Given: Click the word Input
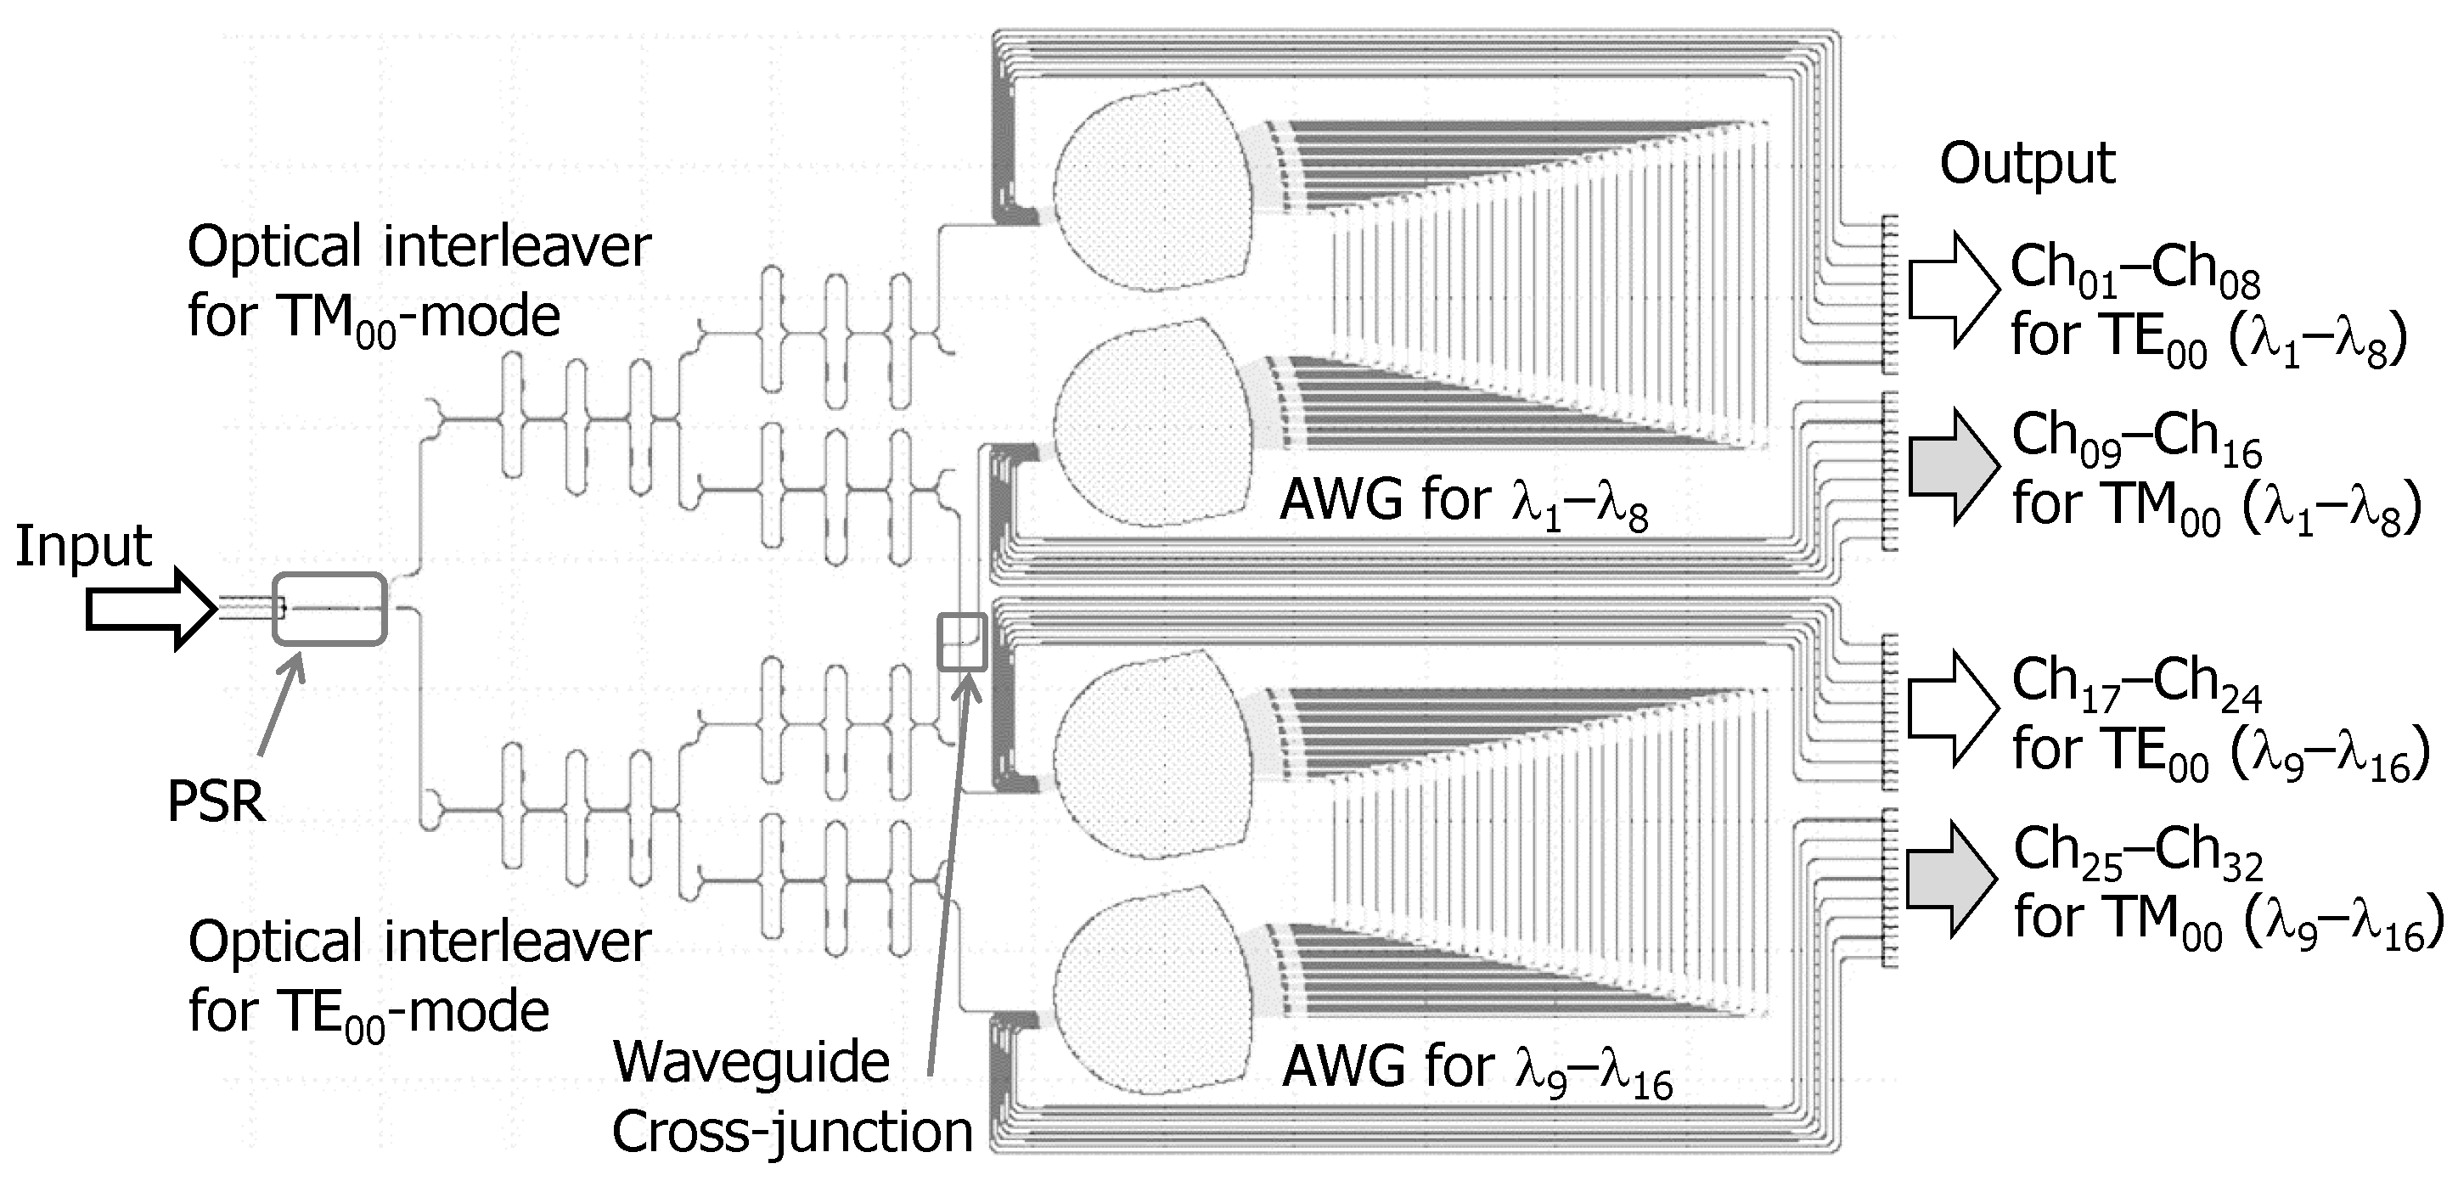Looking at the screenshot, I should pyautogui.click(x=83, y=547).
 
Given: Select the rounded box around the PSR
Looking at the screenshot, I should pyautogui.click(x=329, y=609).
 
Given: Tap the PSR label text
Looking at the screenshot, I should pyautogui.click(x=216, y=801).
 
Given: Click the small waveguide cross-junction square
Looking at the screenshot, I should pyautogui.click(x=961, y=642).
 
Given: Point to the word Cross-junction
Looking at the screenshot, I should pyautogui.click(x=791, y=1133).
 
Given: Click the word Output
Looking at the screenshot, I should pyautogui.click(x=2027, y=164).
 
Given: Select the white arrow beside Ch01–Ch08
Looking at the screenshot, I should pyautogui.click(x=1952, y=288).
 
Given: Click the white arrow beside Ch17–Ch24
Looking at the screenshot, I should pyautogui.click(x=1952, y=708).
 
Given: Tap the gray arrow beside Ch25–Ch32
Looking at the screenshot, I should pyautogui.click(x=1952, y=880).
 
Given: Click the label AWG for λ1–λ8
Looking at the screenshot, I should pyautogui.click(x=1463, y=501).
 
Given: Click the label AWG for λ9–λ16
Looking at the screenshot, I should pyautogui.click(x=1476, y=1068).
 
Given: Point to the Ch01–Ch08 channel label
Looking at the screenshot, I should pyautogui.click(x=2135, y=268).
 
